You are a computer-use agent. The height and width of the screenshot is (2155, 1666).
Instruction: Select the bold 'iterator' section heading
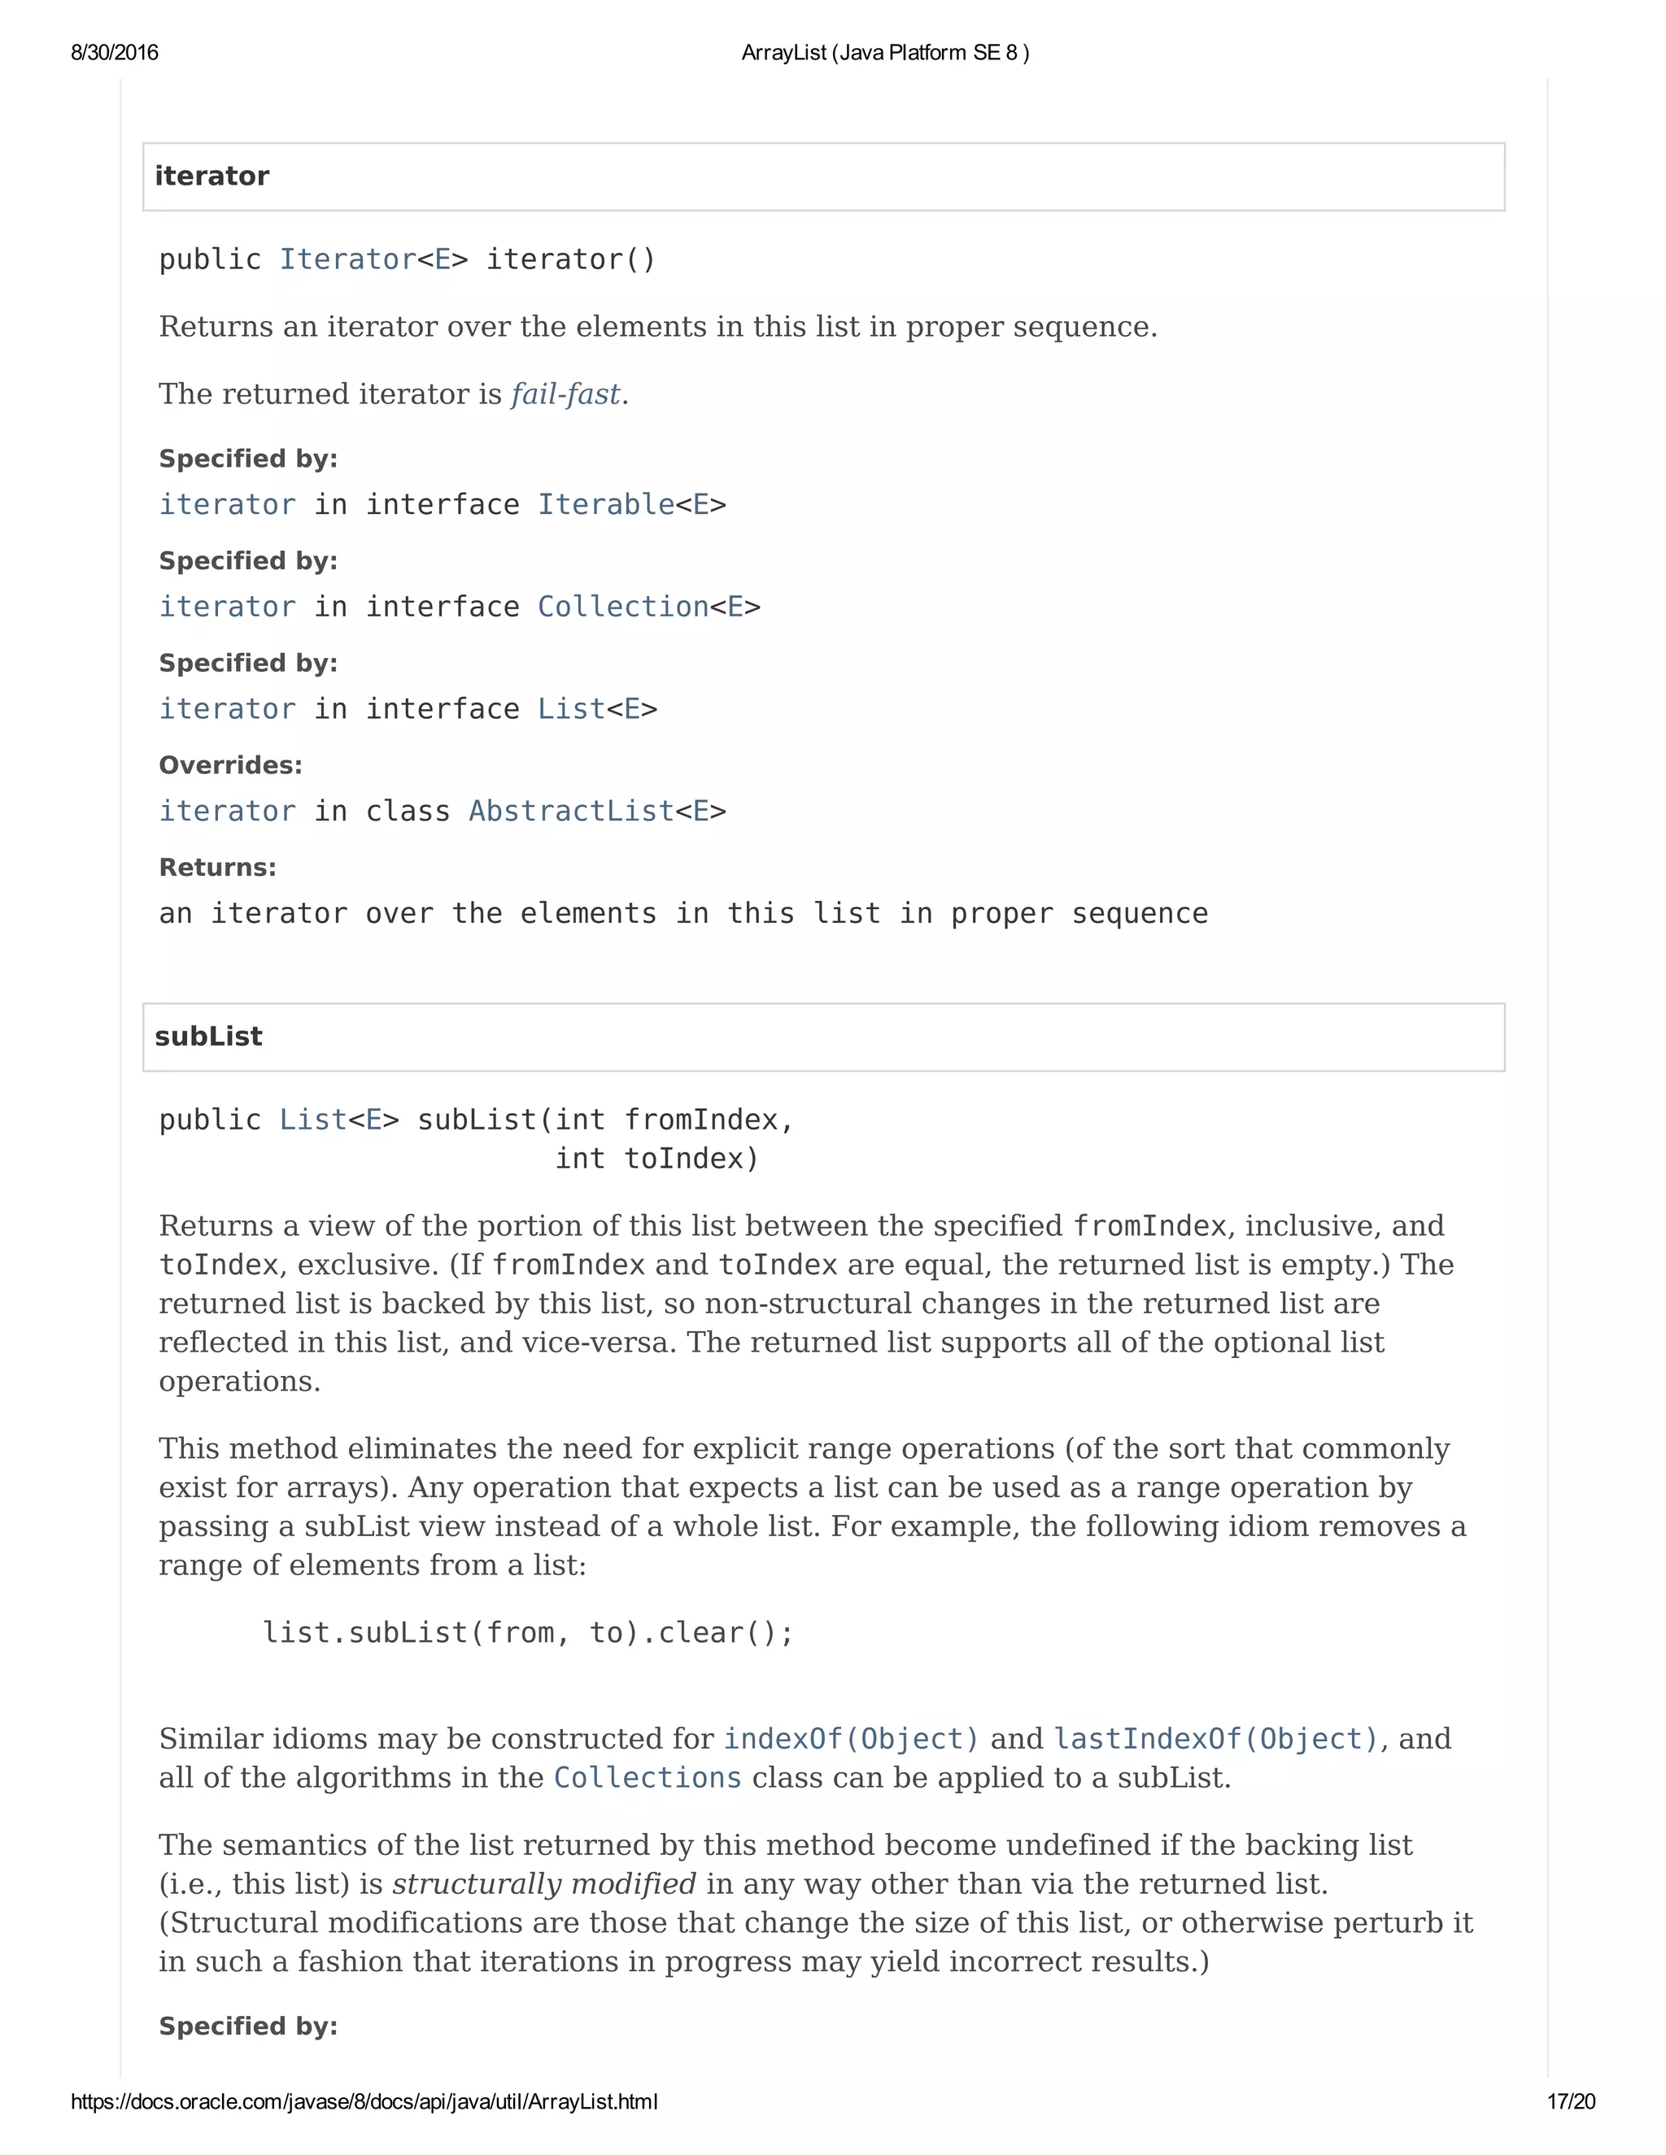(212, 176)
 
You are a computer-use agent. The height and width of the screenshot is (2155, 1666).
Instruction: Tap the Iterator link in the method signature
(347, 259)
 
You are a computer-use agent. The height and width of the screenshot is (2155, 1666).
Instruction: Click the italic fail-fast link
(565, 394)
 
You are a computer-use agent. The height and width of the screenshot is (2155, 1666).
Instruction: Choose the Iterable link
(606, 505)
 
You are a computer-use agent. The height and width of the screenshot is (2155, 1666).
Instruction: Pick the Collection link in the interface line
(623, 607)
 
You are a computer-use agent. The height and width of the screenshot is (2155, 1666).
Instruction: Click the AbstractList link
(571, 811)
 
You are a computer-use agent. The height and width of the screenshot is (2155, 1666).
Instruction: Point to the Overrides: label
(231, 766)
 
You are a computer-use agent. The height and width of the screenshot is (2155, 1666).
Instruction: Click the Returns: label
(218, 869)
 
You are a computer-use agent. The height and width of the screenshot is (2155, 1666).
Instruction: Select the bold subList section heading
(208, 1037)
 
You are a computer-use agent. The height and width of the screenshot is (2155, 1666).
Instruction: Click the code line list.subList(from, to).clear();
(528, 1634)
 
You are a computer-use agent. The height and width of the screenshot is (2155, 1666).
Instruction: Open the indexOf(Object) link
(851, 1739)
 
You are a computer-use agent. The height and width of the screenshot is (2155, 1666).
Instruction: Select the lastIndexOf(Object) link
(1216, 1739)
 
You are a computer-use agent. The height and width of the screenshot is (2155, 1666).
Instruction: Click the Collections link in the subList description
(648, 1778)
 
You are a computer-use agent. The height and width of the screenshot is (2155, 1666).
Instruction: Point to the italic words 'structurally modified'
(544, 1885)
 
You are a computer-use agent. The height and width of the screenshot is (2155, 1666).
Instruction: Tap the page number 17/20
(1570, 2101)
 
